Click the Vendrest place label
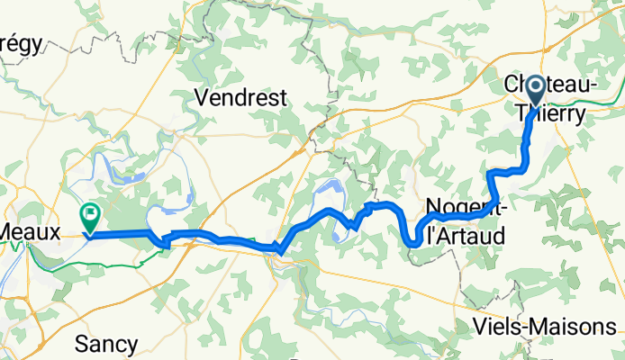tap(240, 97)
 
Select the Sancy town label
tap(106, 344)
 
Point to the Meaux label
tap(30, 231)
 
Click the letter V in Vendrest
tap(203, 97)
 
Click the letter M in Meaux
tap(6, 231)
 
